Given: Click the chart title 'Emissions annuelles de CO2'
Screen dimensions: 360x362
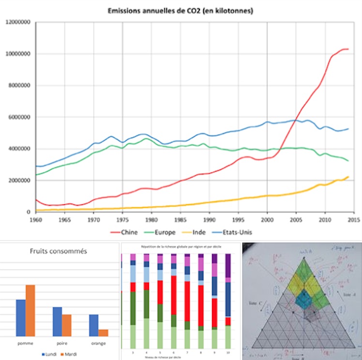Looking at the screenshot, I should tap(181, 10).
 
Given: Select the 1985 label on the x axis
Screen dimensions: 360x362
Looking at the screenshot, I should tap(180, 219).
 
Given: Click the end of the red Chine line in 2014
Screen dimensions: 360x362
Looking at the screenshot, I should tap(348, 49).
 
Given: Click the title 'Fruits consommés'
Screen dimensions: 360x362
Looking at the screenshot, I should tap(59, 252).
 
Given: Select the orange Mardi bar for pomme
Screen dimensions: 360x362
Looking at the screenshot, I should tap(30, 310).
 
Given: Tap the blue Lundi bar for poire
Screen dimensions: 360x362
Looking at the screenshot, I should tap(57, 321).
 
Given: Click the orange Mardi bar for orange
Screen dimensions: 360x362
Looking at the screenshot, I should tap(103, 333).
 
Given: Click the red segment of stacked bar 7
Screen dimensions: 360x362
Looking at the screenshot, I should tap(186, 300).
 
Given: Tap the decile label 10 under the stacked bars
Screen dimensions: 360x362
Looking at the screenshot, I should tap(228, 353).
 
